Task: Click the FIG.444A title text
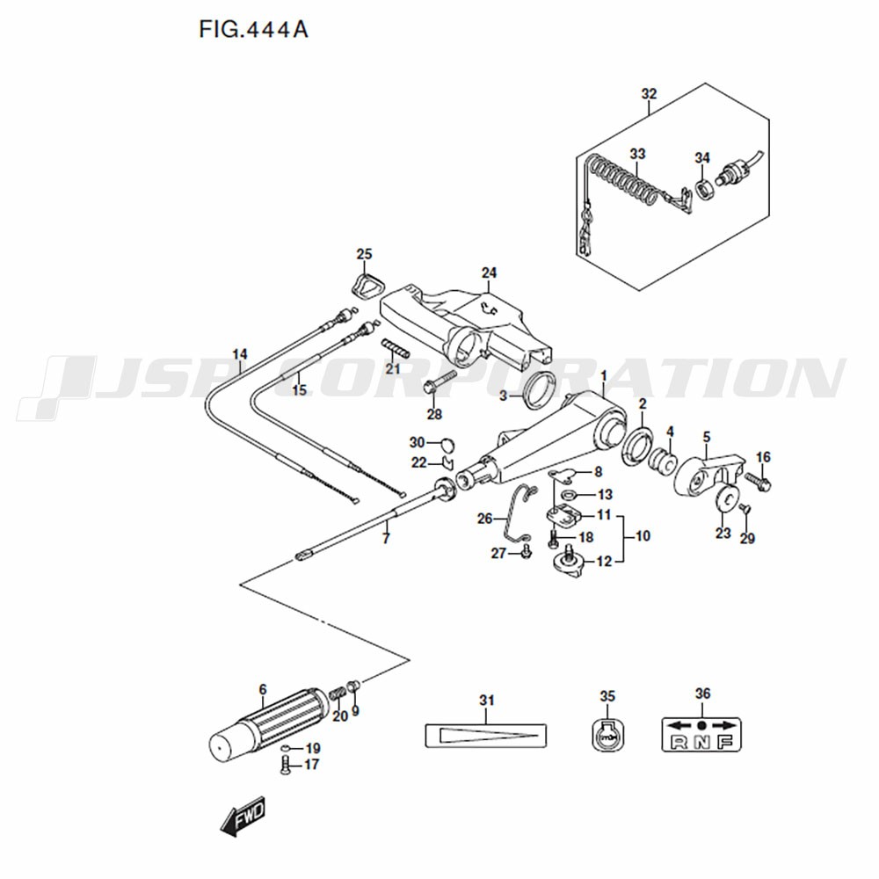[x=253, y=29]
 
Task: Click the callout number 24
[x=489, y=272]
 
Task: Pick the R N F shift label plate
[x=701, y=734]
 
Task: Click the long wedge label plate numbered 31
[x=485, y=735]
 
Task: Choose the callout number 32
[x=649, y=94]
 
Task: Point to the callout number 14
[x=240, y=354]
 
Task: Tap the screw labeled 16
[x=758, y=481]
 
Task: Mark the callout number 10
[x=643, y=536]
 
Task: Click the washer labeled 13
[x=570, y=494]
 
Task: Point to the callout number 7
[x=386, y=539]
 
